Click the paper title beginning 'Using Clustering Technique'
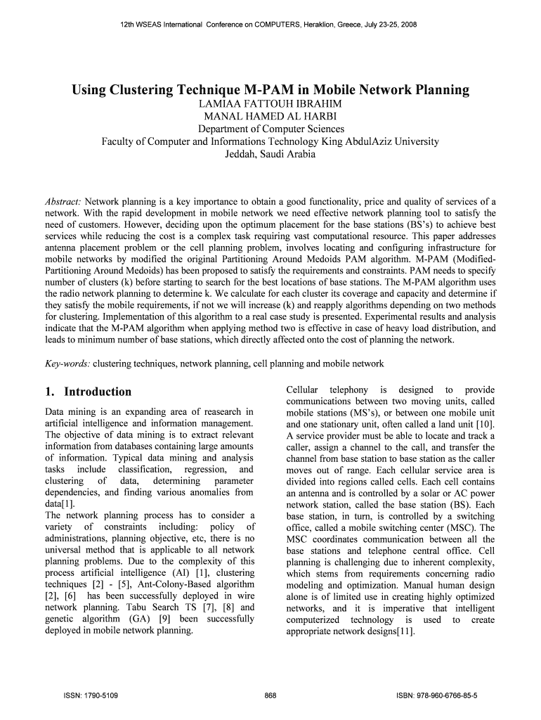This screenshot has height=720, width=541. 270,90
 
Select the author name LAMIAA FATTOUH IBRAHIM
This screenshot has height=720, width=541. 270,104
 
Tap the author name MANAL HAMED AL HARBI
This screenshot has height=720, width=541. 270,117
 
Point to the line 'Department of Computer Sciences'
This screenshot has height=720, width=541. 270,129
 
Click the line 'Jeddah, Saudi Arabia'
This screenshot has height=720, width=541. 270,154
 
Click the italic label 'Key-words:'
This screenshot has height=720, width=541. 67,364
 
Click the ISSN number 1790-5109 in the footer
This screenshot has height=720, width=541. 92,696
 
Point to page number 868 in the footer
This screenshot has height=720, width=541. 270,696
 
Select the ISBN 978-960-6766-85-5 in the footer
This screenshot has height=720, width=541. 437,696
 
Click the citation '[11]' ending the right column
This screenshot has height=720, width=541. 404,631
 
